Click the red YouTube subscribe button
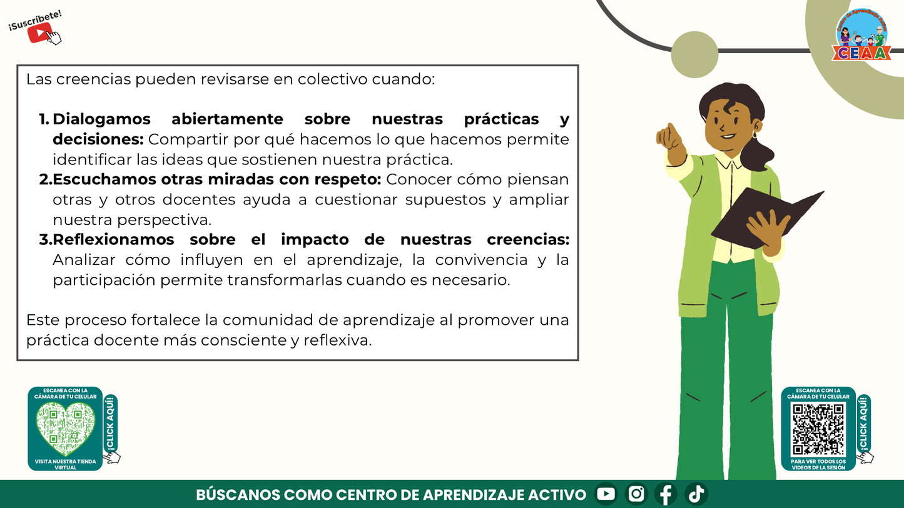40,32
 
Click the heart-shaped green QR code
65,428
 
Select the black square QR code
818,429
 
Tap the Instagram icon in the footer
636,494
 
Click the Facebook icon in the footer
666,494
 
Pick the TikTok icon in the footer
696,494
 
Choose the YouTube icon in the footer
606,494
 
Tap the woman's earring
755,134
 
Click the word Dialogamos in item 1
102,119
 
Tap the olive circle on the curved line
694,54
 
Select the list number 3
44,240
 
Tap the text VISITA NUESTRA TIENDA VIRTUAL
65,464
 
